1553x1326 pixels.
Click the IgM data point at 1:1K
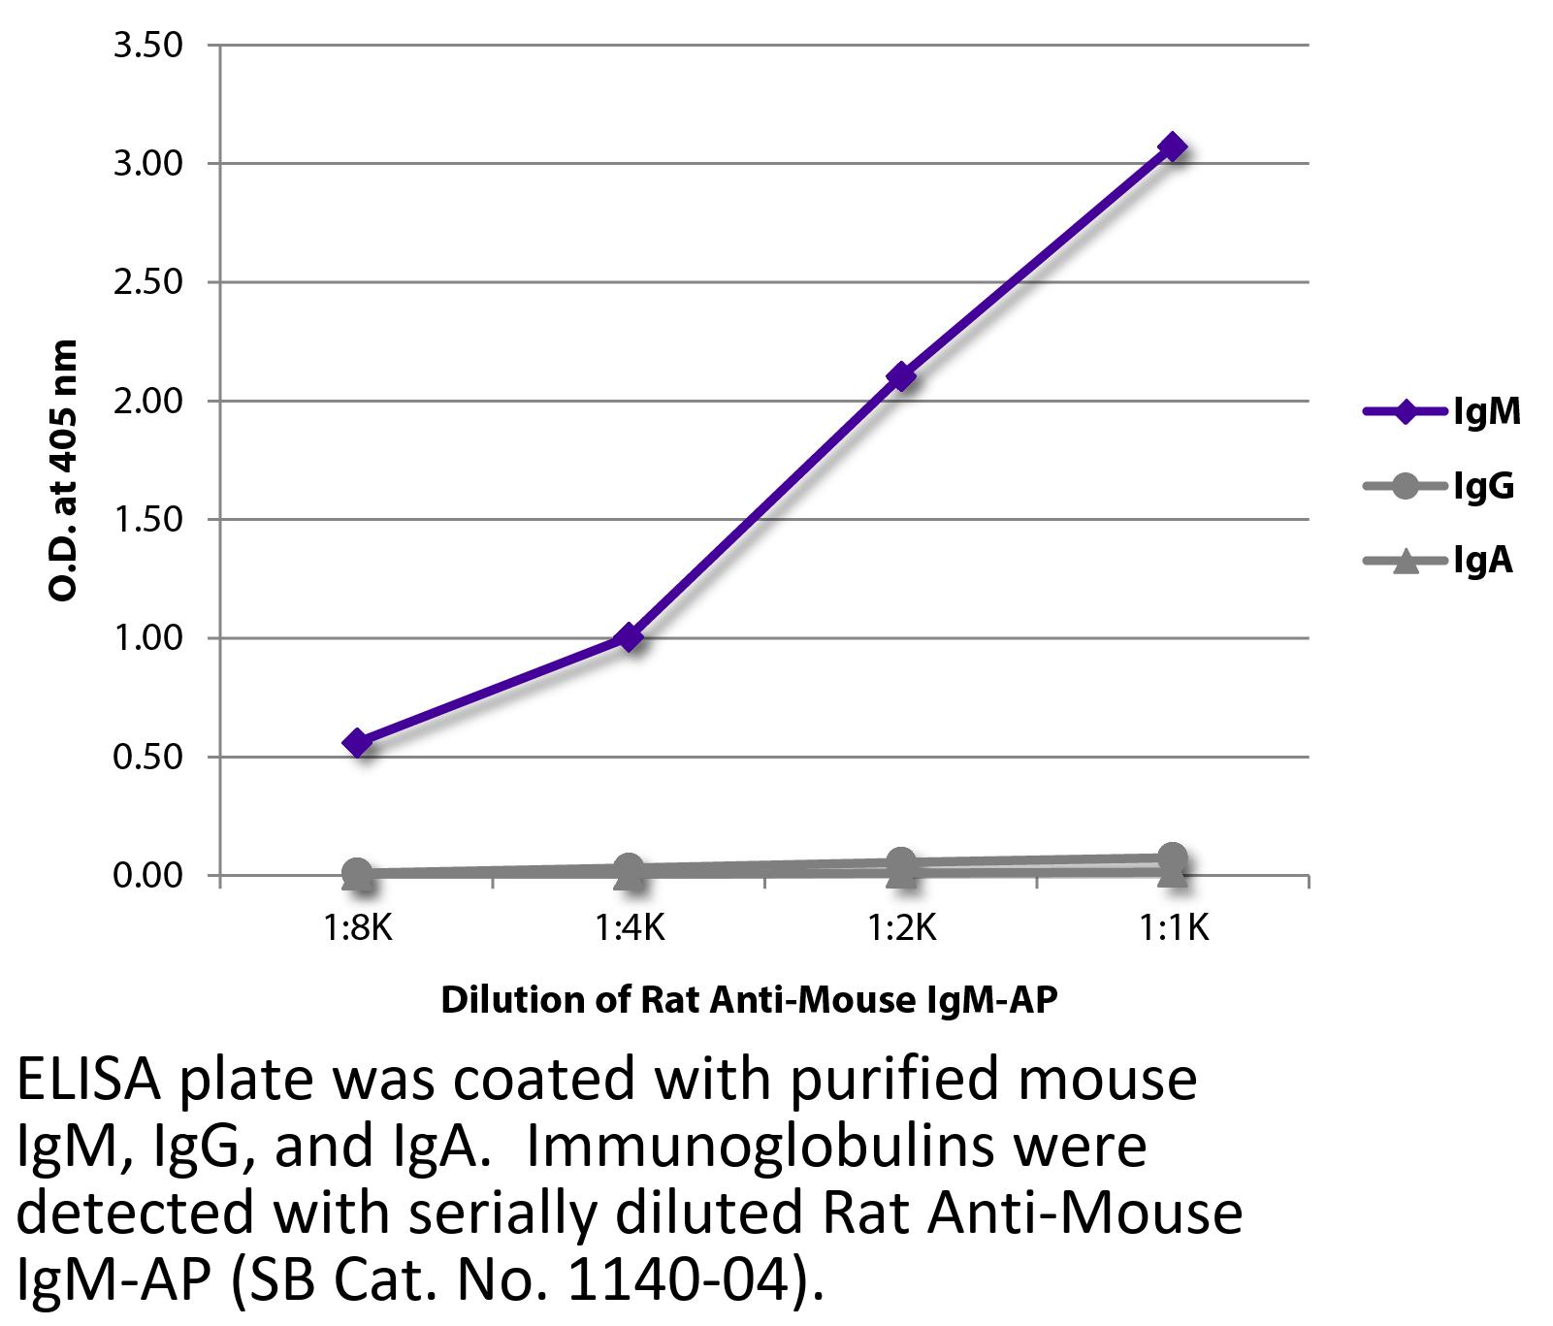coord(1173,147)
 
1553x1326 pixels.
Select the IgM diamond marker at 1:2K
coord(901,376)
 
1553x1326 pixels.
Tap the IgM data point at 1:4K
coord(630,637)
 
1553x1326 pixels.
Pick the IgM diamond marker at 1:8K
coord(358,743)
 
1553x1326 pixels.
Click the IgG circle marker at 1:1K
coord(1173,857)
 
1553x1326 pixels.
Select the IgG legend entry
coord(1440,486)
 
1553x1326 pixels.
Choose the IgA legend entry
coord(1440,561)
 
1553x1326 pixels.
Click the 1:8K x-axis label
coord(358,928)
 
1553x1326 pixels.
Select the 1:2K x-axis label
coord(901,928)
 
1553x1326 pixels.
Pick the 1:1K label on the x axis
coord(1173,928)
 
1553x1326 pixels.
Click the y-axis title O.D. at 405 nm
coord(63,470)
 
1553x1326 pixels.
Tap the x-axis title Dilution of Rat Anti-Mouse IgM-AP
coord(748,1000)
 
